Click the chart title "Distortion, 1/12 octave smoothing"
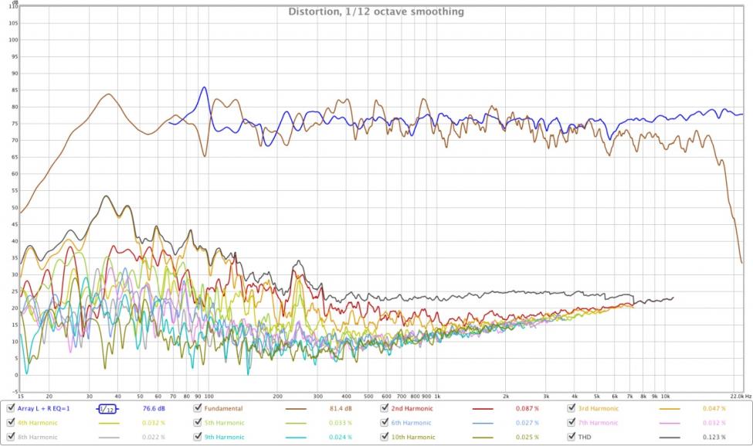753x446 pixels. coord(375,12)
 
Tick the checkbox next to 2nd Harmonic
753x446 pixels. coord(385,408)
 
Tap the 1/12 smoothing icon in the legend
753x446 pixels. coord(107,408)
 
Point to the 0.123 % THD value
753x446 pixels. coord(714,437)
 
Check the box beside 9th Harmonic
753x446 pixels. coord(198,437)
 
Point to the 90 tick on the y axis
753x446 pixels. coord(14,73)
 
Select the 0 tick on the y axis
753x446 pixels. coord(15,375)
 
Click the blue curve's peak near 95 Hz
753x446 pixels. coord(204,87)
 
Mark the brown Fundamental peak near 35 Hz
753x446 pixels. coord(108,94)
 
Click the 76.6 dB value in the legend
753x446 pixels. coord(155,408)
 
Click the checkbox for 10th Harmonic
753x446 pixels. coord(385,437)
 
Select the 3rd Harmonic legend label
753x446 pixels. coord(598,408)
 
